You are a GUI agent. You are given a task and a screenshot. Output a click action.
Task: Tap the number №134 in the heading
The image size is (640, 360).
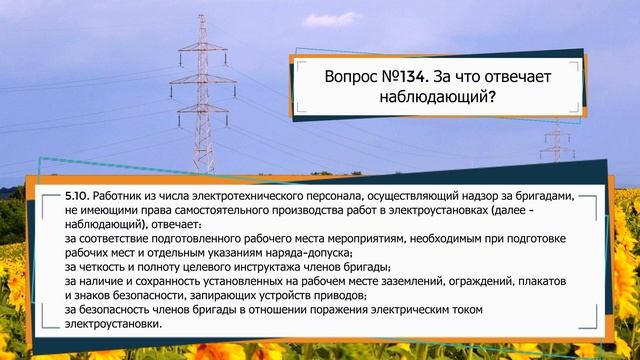(x=420, y=77)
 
